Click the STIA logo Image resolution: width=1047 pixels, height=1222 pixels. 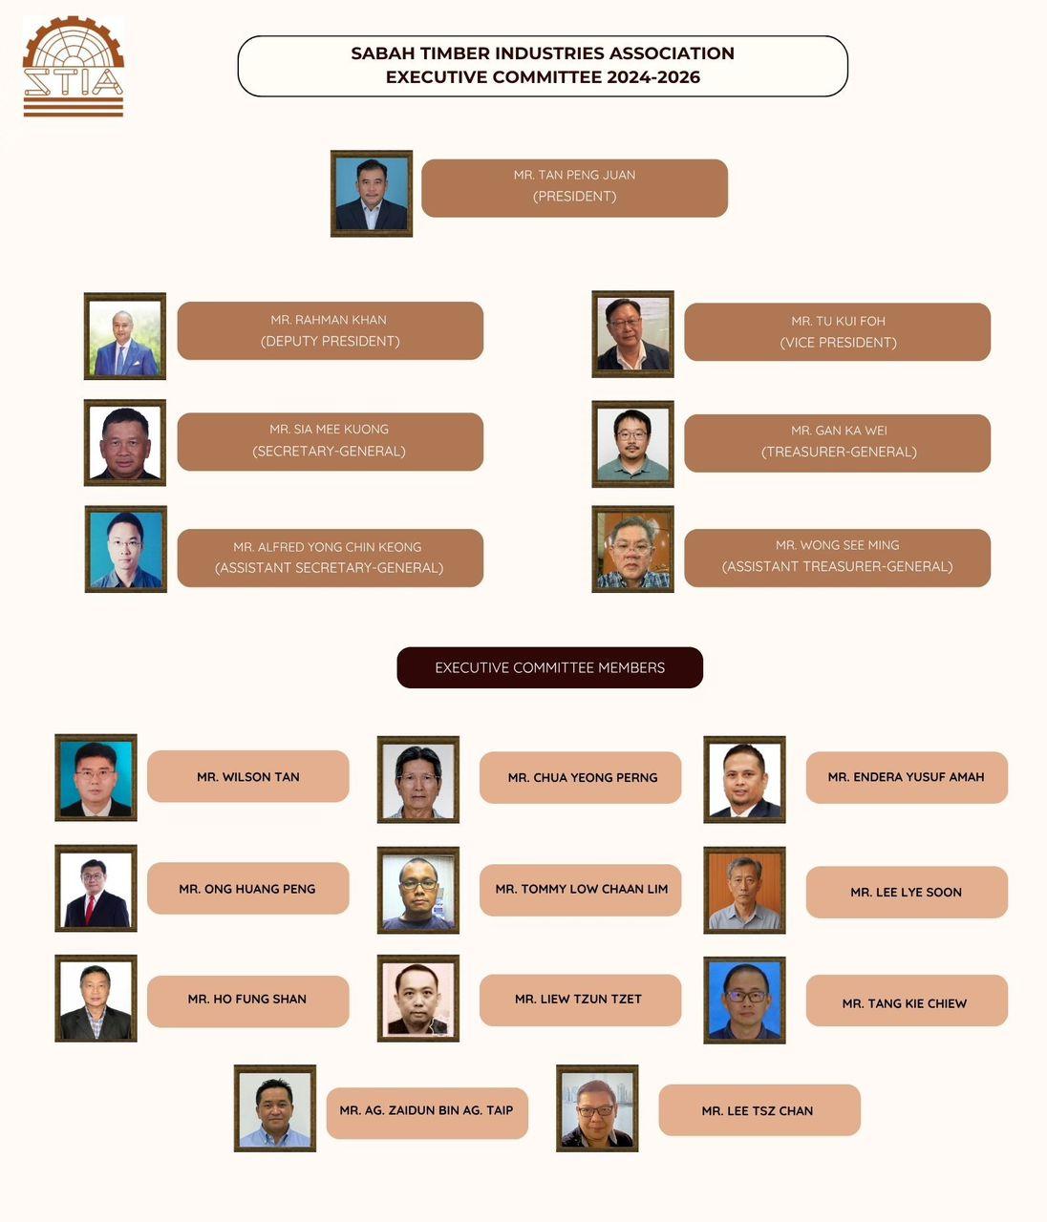coord(74,67)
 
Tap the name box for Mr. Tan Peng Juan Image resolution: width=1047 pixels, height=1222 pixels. coord(574,188)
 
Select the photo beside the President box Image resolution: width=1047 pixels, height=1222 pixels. coord(372,194)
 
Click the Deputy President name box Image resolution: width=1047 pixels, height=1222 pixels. coord(330,331)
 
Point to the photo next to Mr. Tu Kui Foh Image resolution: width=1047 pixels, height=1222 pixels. coord(632,334)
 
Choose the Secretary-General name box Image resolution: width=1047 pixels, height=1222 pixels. coord(330,441)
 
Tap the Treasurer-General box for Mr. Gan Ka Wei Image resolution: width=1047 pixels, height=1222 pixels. coord(837,443)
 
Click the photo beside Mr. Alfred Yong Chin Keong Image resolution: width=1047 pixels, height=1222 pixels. coord(126,549)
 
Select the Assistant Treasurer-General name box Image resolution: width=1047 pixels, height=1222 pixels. coord(837,558)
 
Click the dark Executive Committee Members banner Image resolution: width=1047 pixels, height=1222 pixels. coord(549,667)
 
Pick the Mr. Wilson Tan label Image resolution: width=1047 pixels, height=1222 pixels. coord(247,776)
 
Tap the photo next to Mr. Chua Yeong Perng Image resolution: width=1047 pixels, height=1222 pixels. coord(418,779)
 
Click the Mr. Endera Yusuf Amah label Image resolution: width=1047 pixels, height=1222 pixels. coord(906,777)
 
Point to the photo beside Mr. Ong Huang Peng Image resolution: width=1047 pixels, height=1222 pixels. coord(96,888)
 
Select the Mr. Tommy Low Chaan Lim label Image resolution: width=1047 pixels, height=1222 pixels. coord(580,890)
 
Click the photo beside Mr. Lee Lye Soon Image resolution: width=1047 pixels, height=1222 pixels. coord(744,890)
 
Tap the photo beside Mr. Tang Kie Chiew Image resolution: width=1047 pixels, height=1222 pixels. coord(744,1000)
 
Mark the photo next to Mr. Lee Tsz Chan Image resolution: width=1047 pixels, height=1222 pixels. coord(597,1108)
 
